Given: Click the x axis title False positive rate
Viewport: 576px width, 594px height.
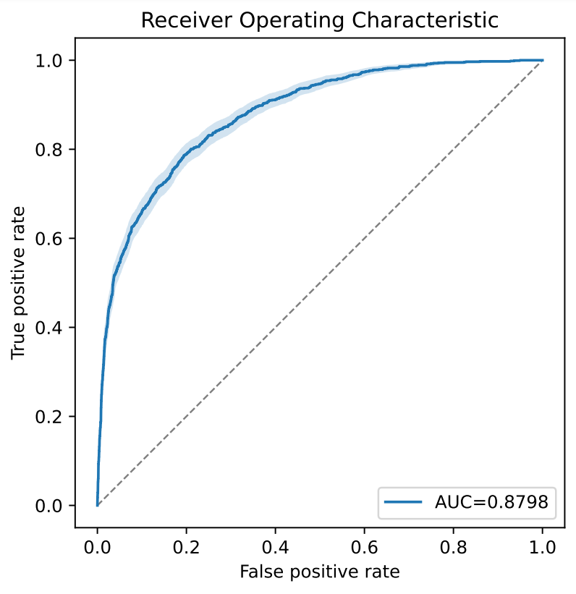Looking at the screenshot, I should pyautogui.click(x=319, y=572).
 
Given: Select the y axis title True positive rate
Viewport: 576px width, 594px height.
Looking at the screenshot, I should pyautogui.click(x=19, y=282).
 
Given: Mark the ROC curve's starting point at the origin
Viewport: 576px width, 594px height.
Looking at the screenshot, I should pyautogui.click(x=97, y=505).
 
